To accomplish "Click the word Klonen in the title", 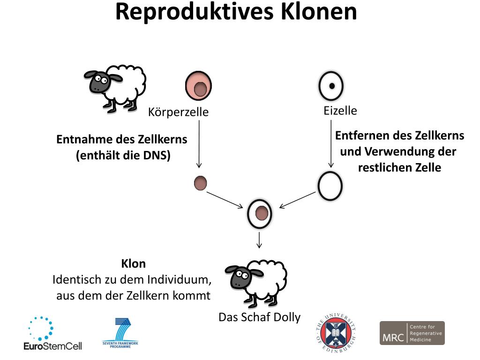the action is tap(319, 12).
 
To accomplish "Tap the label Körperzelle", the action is tap(178, 112).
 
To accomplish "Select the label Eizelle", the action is tap(340, 111).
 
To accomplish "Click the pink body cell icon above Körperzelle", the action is tap(199, 86).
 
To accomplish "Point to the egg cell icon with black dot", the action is tap(331, 86).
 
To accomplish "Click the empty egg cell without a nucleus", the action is tap(330, 186).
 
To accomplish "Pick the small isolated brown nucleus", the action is tap(201, 183).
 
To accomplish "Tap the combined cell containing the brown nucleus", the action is tap(260, 213).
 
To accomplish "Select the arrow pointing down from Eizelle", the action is tap(331, 143).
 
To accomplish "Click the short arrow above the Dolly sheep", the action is tap(259, 240).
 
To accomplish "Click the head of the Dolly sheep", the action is tap(240, 277).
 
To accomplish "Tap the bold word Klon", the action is tap(133, 264).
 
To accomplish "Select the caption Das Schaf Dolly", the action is tap(259, 317).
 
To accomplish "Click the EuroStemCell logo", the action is tap(52, 334).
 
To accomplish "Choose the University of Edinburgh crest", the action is tap(336, 334).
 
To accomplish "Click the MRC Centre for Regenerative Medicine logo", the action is tap(412, 333).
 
